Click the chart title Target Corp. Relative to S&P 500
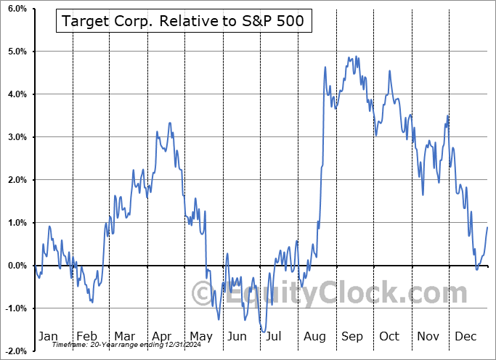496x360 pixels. point(184,22)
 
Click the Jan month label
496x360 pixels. point(47,336)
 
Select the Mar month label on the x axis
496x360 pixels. point(124,336)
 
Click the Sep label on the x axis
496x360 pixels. point(351,336)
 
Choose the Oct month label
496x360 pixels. point(389,336)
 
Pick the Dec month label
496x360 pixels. point(465,336)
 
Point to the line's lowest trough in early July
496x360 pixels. point(263,332)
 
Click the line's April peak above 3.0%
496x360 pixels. point(170,123)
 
